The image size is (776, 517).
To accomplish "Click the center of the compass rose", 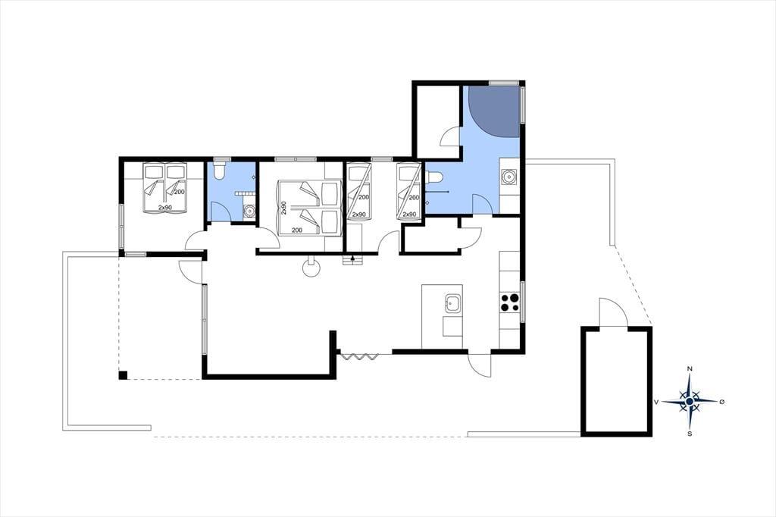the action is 690,400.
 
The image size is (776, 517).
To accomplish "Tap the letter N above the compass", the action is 690,369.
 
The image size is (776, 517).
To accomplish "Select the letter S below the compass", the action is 690,434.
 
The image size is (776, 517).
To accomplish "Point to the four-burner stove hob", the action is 510,302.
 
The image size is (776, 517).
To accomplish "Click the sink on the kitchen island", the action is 452,303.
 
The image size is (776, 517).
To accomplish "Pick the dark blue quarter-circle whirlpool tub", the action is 494,111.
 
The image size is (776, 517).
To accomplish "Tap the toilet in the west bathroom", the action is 219,171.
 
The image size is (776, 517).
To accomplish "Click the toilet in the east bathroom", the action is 433,177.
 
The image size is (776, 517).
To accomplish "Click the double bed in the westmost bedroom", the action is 164,189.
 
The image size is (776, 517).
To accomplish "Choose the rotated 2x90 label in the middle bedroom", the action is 284,208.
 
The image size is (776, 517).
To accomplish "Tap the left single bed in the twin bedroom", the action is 358,192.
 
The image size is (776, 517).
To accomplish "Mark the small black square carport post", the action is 123,375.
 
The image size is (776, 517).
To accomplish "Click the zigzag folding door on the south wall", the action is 359,356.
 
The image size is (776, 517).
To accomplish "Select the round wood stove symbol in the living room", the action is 311,269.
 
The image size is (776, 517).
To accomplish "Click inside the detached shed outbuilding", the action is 617,381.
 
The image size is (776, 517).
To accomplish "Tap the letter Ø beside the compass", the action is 722,401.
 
